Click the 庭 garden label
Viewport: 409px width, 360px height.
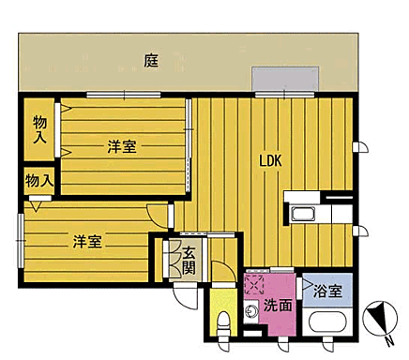click(x=151, y=61)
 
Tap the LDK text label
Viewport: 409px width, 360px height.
click(x=271, y=159)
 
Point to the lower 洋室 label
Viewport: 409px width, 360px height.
click(x=87, y=241)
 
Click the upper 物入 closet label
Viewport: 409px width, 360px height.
click(x=40, y=129)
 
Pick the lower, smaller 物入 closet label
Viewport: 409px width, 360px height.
click(x=38, y=179)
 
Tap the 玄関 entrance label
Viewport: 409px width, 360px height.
click(x=189, y=257)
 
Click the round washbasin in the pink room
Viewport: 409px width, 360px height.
click(x=251, y=311)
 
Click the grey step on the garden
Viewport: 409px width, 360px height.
click(x=285, y=81)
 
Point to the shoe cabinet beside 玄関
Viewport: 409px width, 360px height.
click(x=174, y=258)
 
